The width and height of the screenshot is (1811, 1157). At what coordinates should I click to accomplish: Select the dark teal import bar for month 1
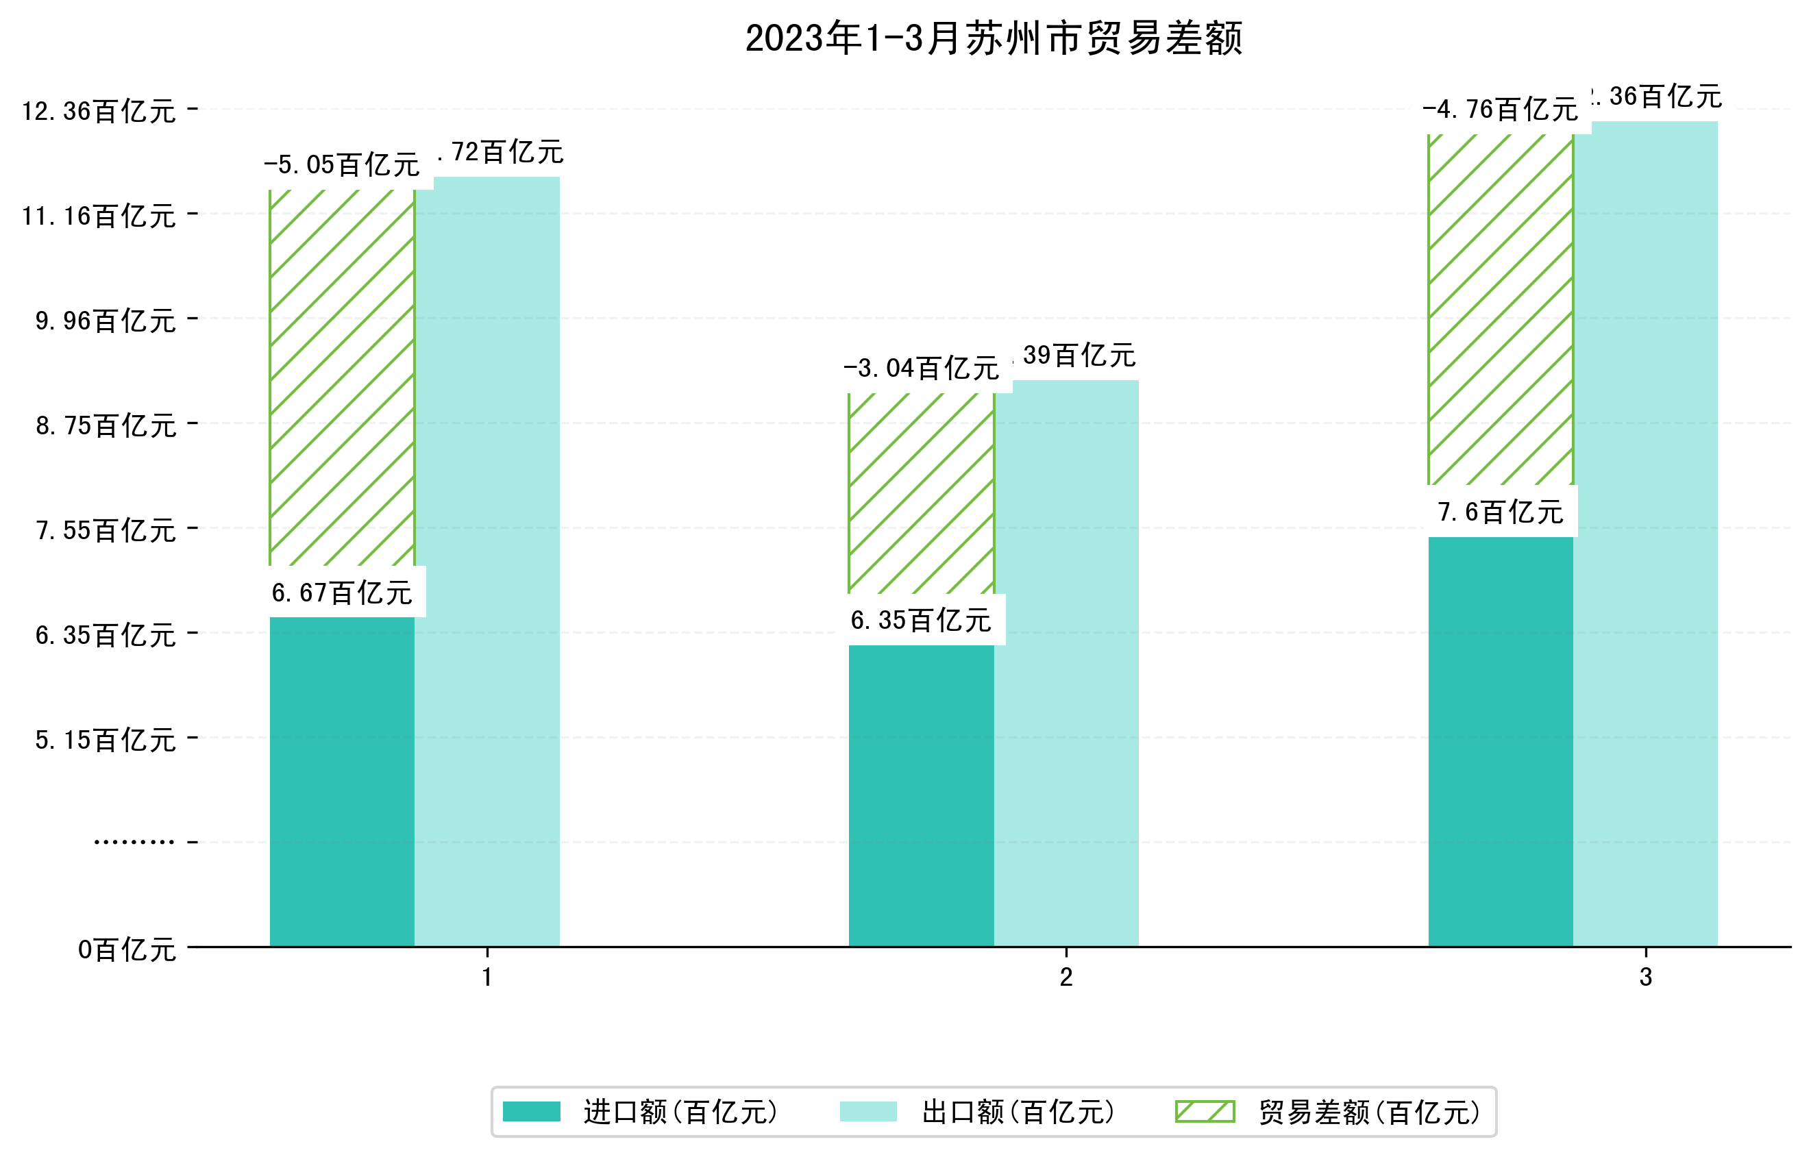342,782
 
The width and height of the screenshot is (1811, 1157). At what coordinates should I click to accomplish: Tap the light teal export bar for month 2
1066,662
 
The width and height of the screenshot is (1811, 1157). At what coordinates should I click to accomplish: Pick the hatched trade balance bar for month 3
1501,308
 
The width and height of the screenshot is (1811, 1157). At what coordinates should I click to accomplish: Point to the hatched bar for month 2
922,493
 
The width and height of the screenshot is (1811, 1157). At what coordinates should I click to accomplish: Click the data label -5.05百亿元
342,164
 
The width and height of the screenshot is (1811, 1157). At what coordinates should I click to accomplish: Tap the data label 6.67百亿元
342,593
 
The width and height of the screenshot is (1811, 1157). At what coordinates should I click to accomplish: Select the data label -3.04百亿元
922,369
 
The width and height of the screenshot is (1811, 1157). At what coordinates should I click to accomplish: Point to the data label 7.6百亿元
1501,512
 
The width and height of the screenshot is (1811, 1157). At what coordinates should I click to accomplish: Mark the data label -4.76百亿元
1501,110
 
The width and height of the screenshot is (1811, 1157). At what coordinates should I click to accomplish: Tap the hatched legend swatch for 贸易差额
1205,1112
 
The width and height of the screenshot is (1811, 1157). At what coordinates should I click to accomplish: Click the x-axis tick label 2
1065,978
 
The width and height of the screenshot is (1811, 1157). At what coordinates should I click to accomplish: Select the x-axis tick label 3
1646,978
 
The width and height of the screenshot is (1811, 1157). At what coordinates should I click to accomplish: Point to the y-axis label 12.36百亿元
99,111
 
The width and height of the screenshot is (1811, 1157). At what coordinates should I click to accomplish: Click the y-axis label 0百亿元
127,950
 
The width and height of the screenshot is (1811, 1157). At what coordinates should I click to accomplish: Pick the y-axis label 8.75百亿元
106,426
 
